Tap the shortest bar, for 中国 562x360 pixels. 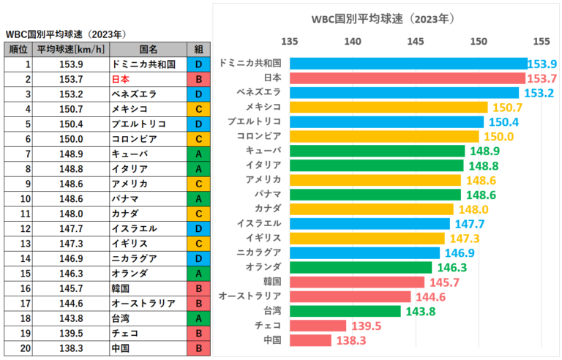[310, 340]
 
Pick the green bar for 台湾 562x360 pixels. [345, 311]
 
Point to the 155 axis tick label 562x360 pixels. [542, 42]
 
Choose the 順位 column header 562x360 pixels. [17, 49]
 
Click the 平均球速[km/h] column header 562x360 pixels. [70, 49]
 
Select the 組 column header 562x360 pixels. [199, 49]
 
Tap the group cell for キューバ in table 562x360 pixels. [199, 154]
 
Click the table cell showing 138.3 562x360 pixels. [70, 348]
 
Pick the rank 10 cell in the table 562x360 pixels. [17, 198]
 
